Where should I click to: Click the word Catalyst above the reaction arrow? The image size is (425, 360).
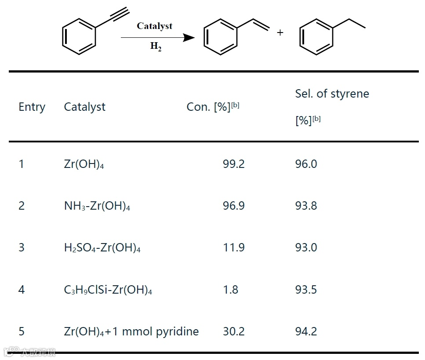pyautogui.click(x=154, y=26)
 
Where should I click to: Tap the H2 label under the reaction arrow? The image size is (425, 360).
pyautogui.click(x=156, y=47)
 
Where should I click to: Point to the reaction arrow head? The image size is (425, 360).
pyautogui.click(x=189, y=38)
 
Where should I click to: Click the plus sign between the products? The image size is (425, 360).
pyautogui.click(x=280, y=33)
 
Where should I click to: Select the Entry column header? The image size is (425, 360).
pyautogui.click(x=32, y=107)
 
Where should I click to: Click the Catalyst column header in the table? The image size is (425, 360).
pyautogui.click(x=84, y=107)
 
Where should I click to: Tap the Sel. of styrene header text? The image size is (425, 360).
pyautogui.click(x=332, y=94)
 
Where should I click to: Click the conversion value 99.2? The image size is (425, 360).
pyautogui.click(x=233, y=164)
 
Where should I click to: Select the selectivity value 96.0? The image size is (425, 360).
pyautogui.click(x=306, y=164)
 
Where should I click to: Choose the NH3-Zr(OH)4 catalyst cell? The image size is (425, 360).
pyautogui.click(x=97, y=206)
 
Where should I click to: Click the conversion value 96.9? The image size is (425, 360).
pyautogui.click(x=233, y=206)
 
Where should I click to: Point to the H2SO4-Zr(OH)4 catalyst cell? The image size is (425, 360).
pyautogui.click(x=102, y=248)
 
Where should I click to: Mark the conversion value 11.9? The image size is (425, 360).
pyautogui.click(x=233, y=248)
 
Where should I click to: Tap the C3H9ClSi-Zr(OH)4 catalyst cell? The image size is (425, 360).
pyautogui.click(x=108, y=290)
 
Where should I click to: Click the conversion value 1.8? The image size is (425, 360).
pyautogui.click(x=230, y=290)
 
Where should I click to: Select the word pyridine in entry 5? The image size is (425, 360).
pyautogui.click(x=177, y=331)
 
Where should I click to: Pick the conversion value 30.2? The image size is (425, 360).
pyautogui.click(x=233, y=331)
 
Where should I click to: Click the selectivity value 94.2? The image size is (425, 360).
pyautogui.click(x=306, y=331)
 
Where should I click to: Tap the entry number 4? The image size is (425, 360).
pyautogui.click(x=22, y=290)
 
